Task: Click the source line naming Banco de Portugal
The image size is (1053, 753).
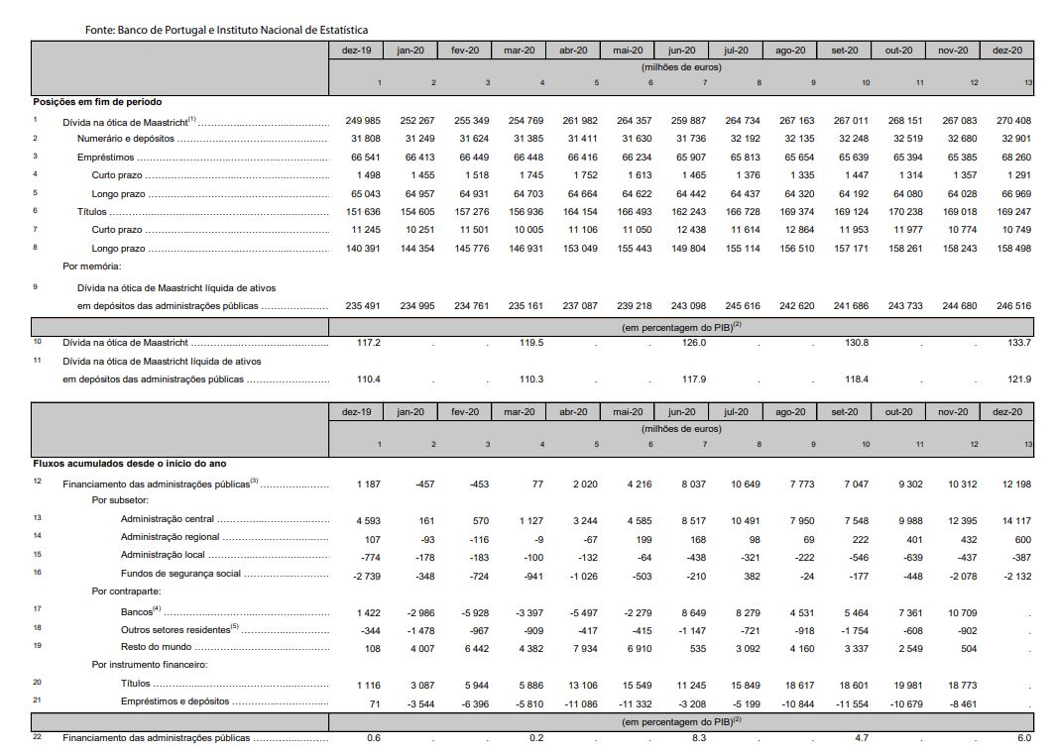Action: click(x=226, y=31)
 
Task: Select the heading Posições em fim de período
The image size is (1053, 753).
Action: click(x=97, y=102)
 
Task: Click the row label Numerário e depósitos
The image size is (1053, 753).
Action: click(x=126, y=139)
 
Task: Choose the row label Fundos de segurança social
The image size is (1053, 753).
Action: click(x=180, y=574)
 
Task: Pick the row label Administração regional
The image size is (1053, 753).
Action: click(x=170, y=537)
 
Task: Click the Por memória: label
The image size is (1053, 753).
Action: click(x=92, y=267)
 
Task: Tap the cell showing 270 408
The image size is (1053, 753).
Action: click(x=1012, y=121)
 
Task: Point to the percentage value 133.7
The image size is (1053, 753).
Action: click(x=1018, y=343)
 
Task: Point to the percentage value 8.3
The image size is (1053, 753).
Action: click(x=698, y=738)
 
